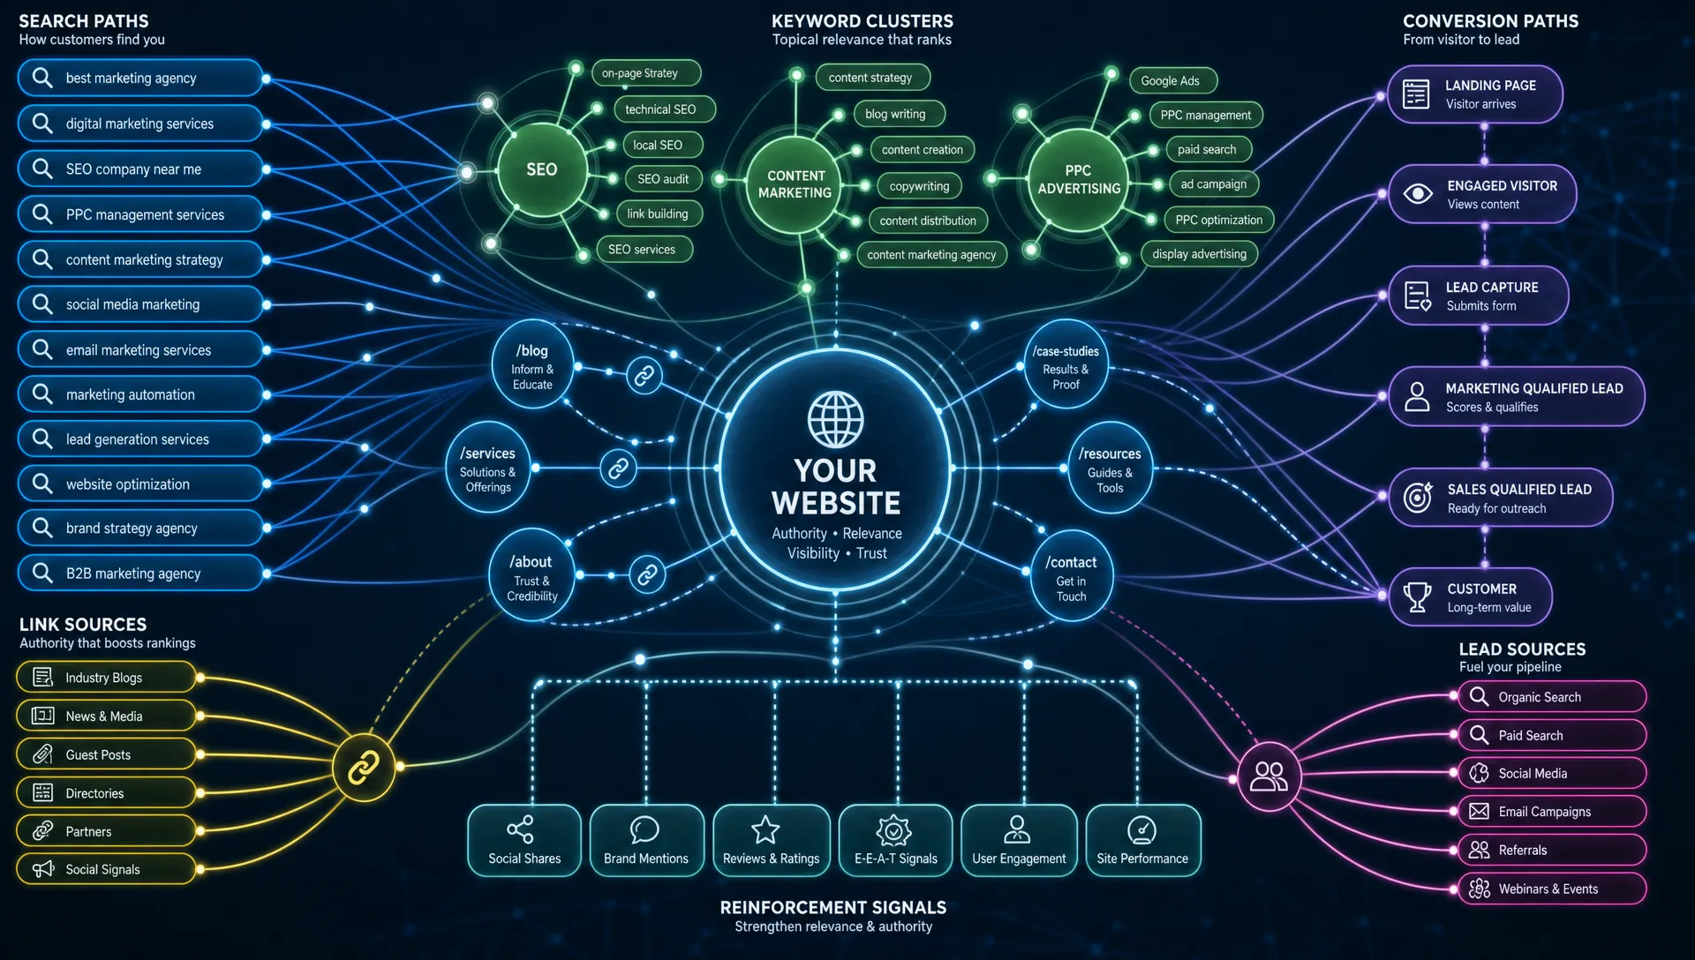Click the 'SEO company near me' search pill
pos(140,169)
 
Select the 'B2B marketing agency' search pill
pos(140,573)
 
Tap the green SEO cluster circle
pos(542,169)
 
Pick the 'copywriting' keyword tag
pos(919,185)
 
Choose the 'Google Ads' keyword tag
pos(1172,80)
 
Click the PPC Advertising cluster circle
pos(1078,179)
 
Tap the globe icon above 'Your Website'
pos(835,419)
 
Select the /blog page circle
pos(533,364)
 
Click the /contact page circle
pos(1072,575)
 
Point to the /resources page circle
pos(1110,468)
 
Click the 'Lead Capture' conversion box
pos(1479,296)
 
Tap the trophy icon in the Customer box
pos(1417,597)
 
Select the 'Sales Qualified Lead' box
pos(1501,498)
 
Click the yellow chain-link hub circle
pos(364,767)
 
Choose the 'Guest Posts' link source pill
pos(106,754)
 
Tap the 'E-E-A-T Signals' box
pos(895,840)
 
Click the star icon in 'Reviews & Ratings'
pos(765,829)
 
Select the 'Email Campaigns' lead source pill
pos(1552,812)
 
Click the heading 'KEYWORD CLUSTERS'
pos(863,21)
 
